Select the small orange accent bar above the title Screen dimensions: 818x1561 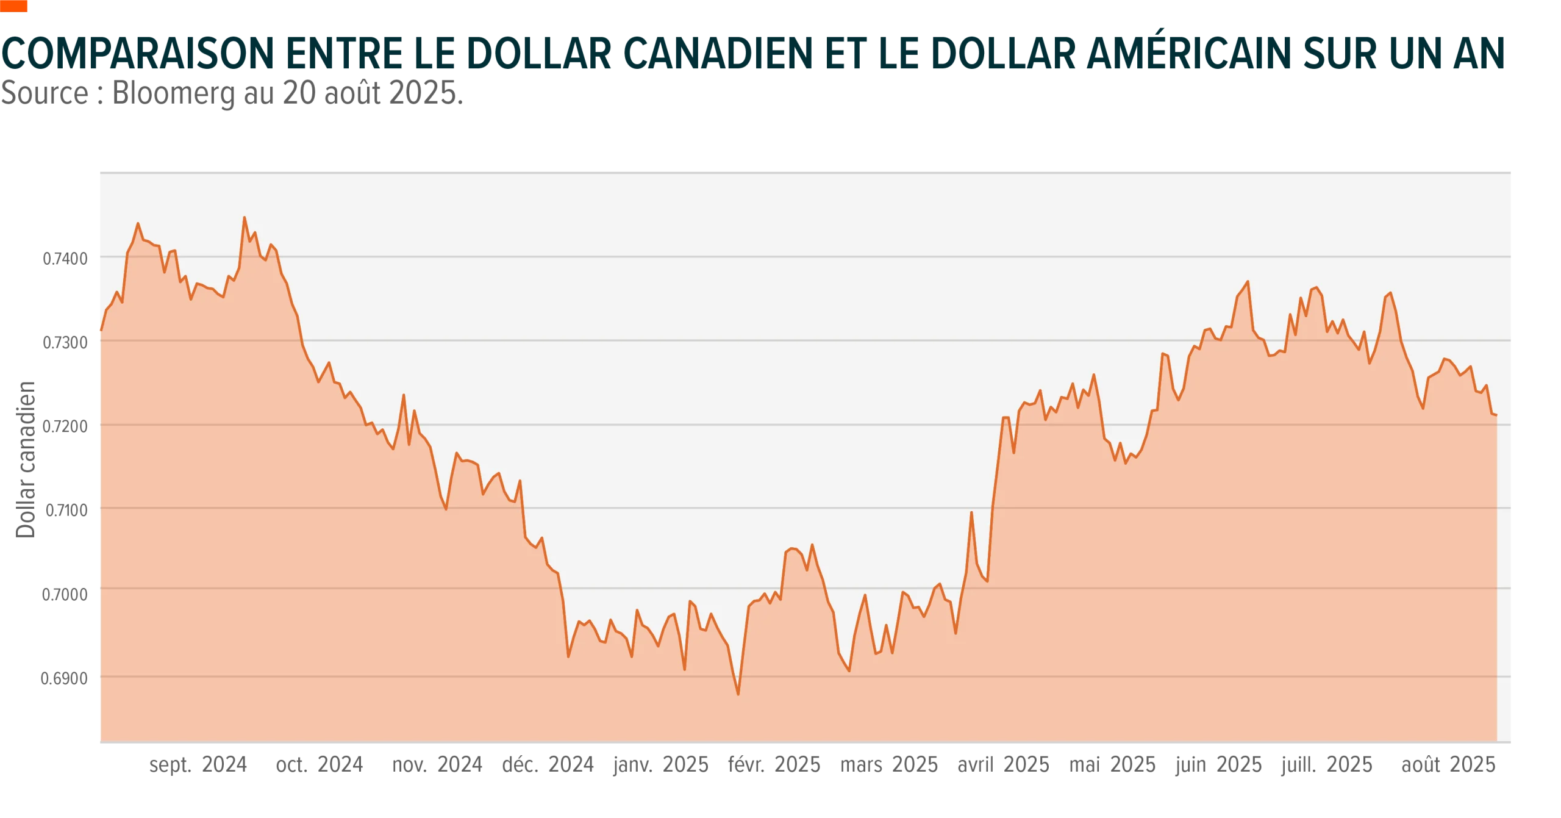tap(14, 7)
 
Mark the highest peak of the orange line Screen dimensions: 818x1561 tap(245, 218)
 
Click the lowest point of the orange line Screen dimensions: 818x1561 tap(738, 694)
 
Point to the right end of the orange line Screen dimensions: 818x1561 tap(1496, 415)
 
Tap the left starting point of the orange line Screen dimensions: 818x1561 tap(100, 330)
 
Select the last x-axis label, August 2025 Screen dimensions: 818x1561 tap(1449, 764)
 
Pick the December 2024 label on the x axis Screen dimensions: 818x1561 tap(548, 764)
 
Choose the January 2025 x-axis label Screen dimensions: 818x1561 tap(661, 764)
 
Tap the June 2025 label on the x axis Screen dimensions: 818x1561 tap(1217, 764)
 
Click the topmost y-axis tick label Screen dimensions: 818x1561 tap(64, 259)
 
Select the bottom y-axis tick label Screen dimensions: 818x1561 tap(64, 678)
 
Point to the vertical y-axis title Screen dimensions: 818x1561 tap(27, 461)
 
